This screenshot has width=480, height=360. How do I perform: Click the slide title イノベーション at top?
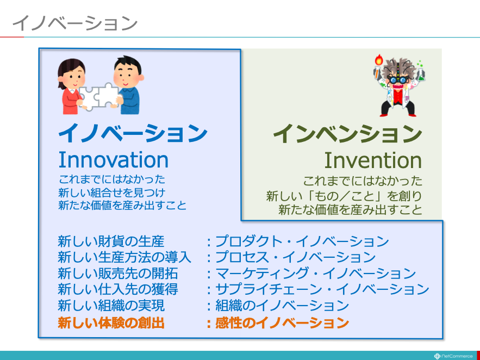[x=74, y=23]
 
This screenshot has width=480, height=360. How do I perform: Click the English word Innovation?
[x=113, y=160]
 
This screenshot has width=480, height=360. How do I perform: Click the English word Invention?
[x=373, y=160]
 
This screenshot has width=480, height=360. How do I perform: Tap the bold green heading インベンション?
[x=348, y=134]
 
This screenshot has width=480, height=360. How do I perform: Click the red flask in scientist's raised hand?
[x=379, y=60]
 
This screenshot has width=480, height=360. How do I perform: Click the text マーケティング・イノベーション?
[x=315, y=274]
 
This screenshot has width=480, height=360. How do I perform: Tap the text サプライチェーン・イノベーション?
[x=322, y=290]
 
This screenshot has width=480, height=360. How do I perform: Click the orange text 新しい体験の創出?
[x=111, y=322]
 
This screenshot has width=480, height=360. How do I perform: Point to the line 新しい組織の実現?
[x=111, y=306]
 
